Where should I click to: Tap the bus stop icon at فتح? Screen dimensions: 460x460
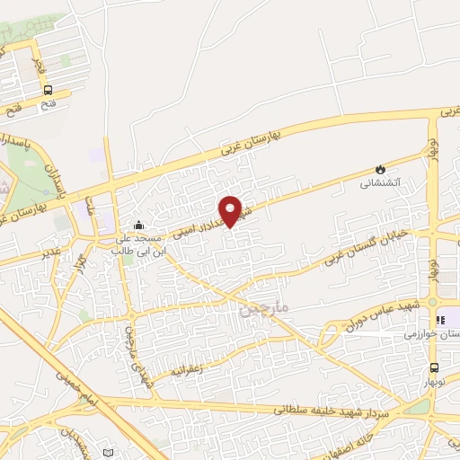[48, 90]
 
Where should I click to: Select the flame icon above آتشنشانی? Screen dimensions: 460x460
[380, 169]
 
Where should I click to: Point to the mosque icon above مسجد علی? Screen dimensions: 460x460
[138, 226]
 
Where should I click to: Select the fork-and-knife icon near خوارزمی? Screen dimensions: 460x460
[440, 320]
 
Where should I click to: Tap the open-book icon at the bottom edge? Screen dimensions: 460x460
[109, 453]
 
